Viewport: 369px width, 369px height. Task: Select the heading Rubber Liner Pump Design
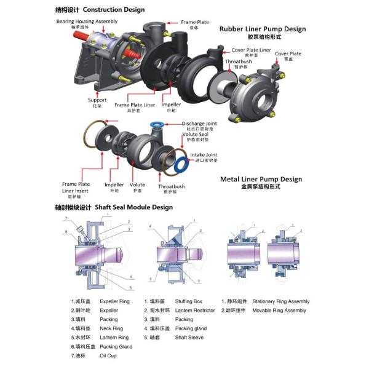tap(263, 29)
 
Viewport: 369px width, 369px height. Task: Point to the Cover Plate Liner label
tap(251, 50)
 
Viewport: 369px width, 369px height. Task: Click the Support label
tap(97, 100)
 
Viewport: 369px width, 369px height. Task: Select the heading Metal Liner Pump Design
tap(261, 179)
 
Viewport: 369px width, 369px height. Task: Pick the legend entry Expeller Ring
tap(114, 301)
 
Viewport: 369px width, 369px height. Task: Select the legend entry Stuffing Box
tap(188, 301)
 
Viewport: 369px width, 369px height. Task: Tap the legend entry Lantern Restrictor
tap(195, 311)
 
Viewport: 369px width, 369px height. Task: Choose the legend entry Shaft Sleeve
tap(189, 337)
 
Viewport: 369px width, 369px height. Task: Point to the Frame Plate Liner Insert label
tap(76, 188)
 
